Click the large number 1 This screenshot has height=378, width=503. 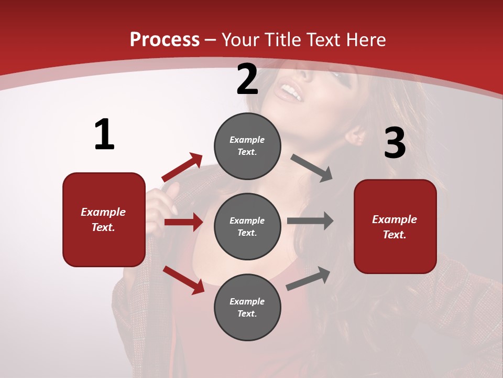point(104,134)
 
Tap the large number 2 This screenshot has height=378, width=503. point(247,80)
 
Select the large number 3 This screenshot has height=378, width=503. point(395,143)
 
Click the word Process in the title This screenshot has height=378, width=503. point(165,39)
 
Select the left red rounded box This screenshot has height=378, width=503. point(104,219)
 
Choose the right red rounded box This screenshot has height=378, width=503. point(395,226)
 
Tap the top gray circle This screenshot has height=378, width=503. point(247,146)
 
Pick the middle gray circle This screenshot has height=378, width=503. point(247,226)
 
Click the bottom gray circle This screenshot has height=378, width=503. point(247,307)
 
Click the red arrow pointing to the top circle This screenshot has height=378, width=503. point(182,167)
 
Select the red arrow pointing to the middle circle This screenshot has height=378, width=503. point(183,222)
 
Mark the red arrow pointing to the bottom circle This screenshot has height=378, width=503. point(183,280)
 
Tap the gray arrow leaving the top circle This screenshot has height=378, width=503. point(312,169)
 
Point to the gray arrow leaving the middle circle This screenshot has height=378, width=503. point(310,221)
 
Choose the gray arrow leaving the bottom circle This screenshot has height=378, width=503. point(309,278)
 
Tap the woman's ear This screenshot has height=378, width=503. point(356,136)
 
